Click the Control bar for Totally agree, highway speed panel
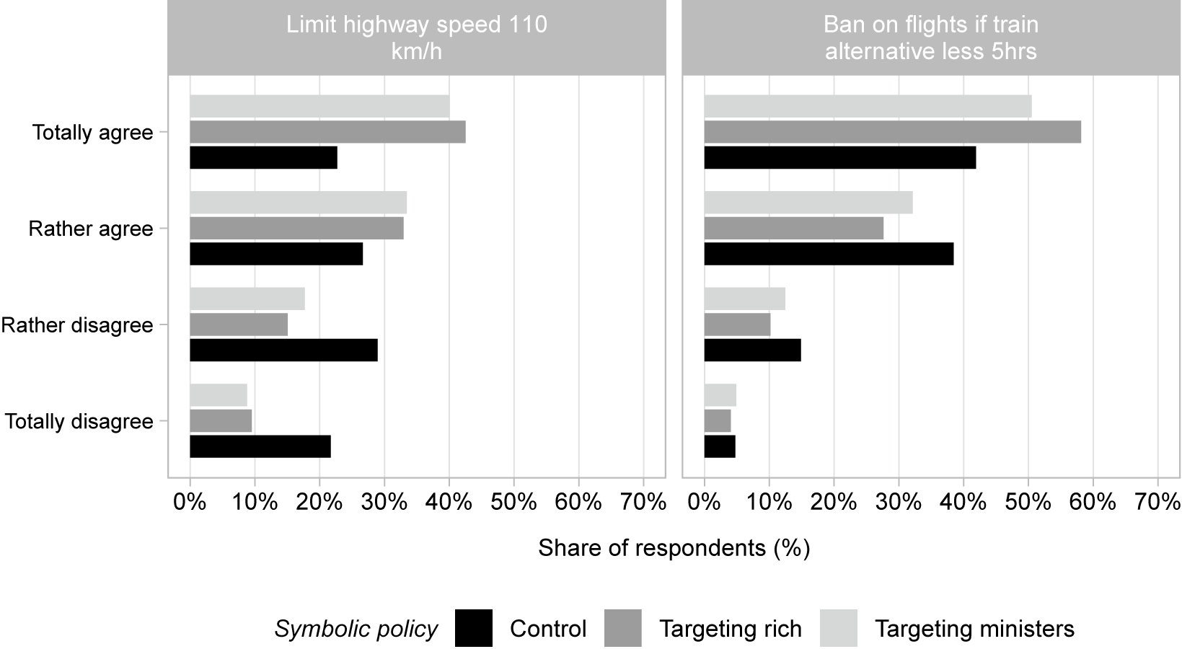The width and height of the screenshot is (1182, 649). click(263, 157)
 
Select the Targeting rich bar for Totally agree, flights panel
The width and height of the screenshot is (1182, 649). click(892, 132)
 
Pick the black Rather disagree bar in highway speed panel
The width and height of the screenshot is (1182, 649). click(283, 350)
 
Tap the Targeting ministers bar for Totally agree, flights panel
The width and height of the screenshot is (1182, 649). click(868, 106)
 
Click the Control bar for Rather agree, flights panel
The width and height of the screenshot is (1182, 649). click(829, 254)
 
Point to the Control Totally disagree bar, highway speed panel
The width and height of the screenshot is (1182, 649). click(260, 446)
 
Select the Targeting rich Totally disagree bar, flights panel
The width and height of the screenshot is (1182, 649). click(718, 420)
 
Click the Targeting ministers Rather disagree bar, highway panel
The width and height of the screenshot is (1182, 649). click(247, 299)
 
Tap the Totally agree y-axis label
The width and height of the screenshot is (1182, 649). click(92, 133)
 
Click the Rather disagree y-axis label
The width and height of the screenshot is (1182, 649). click(77, 325)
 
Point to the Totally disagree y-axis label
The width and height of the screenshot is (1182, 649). click(79, 421)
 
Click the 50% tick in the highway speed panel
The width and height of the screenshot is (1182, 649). click(513, 502)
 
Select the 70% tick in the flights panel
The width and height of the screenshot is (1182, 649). click(1157, 502)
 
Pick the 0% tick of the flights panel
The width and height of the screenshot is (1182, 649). click(704, 502)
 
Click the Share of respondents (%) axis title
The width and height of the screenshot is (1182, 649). click(674, 548)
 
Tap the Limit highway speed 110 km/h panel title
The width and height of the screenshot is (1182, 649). click(416, 37)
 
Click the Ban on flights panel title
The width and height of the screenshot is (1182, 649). click(930, 37)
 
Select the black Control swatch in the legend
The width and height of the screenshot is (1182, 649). click(474, 628)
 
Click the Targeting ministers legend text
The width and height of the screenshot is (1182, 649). click(974, 629)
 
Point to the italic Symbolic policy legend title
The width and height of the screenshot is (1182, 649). click(356, 629)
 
